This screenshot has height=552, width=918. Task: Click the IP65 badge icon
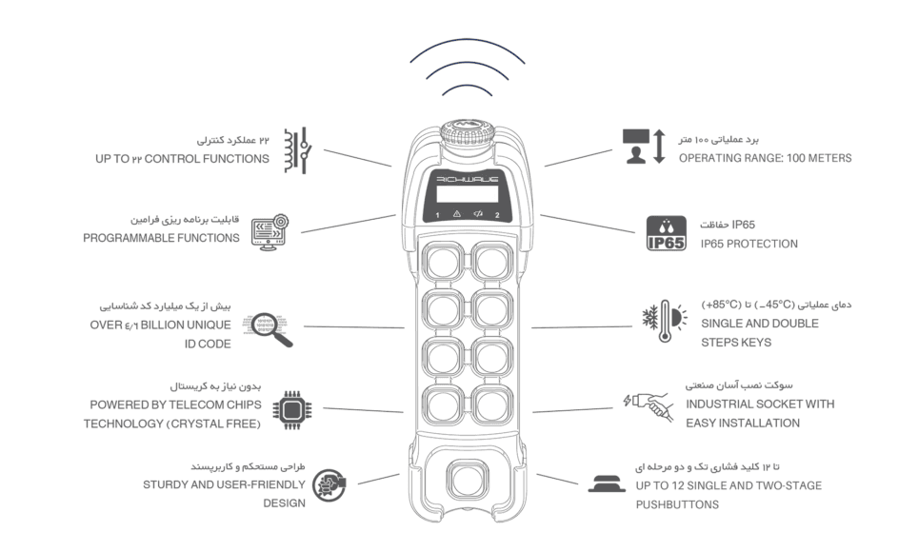667,233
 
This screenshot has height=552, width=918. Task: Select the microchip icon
292,410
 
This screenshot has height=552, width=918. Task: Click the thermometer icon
665,322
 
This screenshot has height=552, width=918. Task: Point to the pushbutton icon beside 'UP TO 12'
607,484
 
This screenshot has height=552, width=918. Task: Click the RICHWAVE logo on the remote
468,179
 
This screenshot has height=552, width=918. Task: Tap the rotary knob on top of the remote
468,134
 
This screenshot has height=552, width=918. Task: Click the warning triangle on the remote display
457,215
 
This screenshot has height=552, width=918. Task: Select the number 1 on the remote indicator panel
437,215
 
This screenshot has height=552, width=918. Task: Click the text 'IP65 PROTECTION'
748,244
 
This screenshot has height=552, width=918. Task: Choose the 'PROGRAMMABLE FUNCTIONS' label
161,238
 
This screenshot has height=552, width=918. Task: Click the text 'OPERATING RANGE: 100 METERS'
766,158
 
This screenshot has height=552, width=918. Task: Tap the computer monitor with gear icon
269,232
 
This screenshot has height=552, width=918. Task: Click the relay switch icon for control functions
297,150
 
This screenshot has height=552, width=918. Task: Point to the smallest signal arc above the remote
468,88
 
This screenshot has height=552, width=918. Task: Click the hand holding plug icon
649,406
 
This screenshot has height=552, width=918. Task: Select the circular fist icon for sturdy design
329,485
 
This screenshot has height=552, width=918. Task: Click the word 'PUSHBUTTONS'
677,504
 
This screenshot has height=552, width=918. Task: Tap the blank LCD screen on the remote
468,194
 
